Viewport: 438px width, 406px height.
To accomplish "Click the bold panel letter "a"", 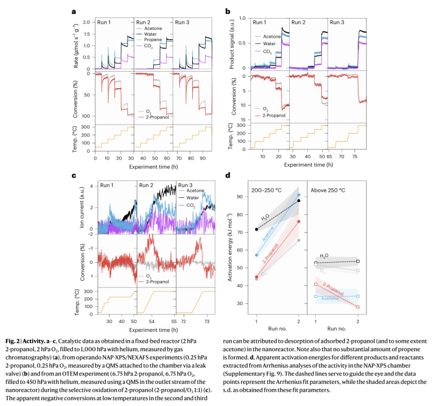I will pyautogui.click(x=74, y=10).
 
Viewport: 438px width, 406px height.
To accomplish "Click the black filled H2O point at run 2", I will pyautogui.click(x=299, y=201).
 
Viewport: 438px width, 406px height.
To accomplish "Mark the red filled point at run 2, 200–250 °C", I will pyautogui.click(x=299, y=221).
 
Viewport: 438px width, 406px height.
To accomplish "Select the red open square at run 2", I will pyautogui.click(x=359, y=307).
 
